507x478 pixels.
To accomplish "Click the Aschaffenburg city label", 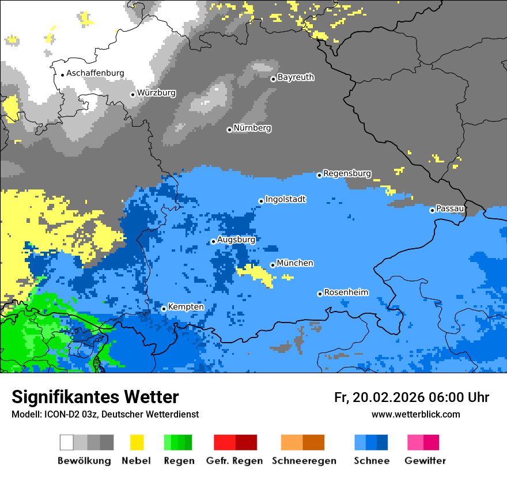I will point(95,74).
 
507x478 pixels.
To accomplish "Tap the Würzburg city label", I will point(156,93).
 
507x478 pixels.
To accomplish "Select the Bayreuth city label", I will point(296,77).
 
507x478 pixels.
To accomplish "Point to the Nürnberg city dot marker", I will point(229,130).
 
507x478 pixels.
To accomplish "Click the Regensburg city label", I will point(347,173).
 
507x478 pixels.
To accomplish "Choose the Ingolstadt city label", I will point(285,200).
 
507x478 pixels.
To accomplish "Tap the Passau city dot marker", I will point(432,210).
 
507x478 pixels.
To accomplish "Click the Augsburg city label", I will point(236,240).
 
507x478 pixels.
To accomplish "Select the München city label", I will point(295,263).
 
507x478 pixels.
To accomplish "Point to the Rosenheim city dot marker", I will point(320,294).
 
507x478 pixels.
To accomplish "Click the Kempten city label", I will point(186,307).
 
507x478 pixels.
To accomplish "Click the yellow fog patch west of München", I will point(256,274).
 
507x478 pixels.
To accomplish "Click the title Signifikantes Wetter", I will point(95,397).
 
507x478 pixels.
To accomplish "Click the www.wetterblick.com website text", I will point(415,414).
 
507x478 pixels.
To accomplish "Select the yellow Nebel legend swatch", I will point(137,442).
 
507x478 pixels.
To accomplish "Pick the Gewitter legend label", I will point(425,461).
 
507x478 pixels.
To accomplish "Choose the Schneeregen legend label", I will point(304,461).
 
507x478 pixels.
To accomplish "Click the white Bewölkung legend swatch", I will point(67,442).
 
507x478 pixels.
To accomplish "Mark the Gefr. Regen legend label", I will point(234,461).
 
